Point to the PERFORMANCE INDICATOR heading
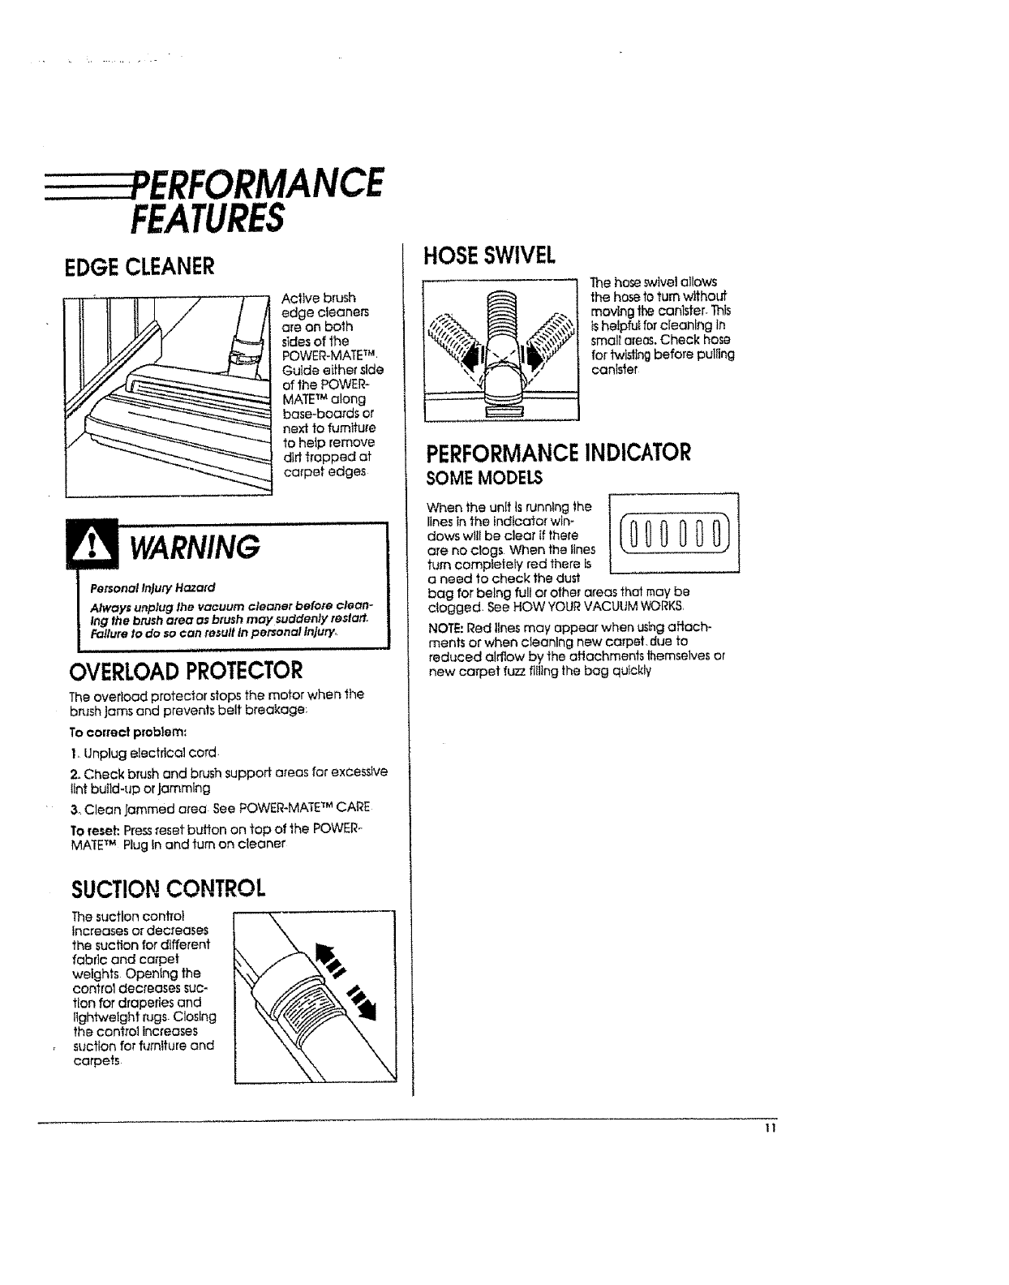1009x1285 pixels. (559, 452)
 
